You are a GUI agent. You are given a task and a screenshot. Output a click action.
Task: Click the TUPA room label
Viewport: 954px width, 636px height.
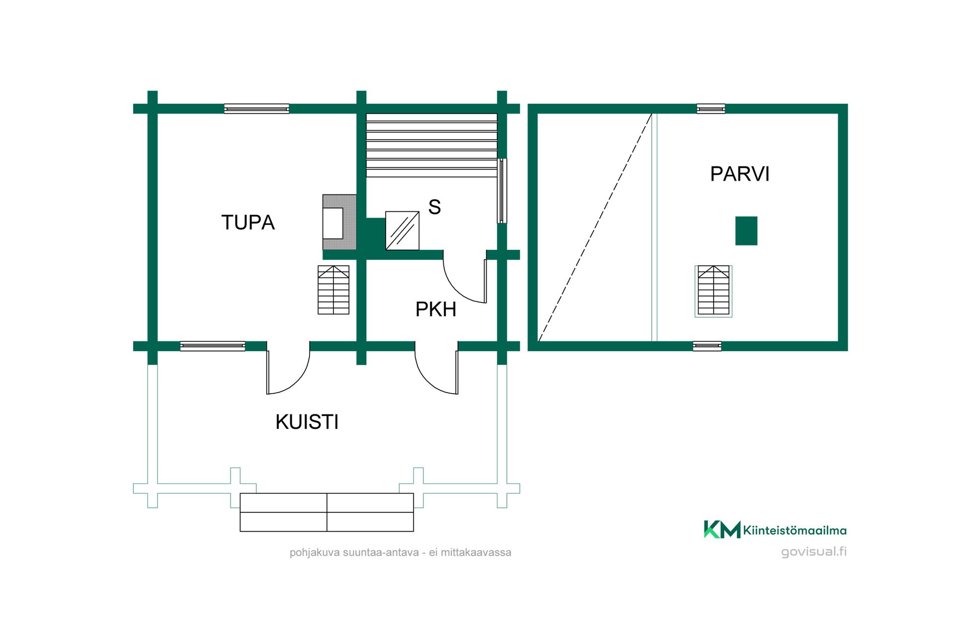click(x=248, y=223)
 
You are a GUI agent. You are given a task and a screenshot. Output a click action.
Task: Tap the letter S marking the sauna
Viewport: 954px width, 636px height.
click(x=434, y=207)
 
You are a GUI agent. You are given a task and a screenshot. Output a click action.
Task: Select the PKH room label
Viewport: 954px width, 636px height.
click(x=436, y=309)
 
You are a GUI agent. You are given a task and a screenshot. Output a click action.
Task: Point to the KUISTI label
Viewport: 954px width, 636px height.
click(x=307, y=422)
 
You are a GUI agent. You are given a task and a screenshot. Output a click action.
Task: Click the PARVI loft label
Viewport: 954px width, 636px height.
click(x=740, y=174)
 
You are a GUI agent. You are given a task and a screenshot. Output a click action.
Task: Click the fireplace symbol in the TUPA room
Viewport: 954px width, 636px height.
click(x=339, y=222)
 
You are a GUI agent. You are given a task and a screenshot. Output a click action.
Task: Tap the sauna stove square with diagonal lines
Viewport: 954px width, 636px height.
click(x=402, y=231)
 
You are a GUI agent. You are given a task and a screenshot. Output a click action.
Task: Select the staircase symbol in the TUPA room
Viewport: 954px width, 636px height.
click(x=333, y=290)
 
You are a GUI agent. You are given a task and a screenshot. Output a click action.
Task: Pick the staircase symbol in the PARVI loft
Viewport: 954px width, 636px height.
click(x=714, y=291)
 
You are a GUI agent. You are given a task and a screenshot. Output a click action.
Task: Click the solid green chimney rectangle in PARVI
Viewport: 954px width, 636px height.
click(x=746, y=231)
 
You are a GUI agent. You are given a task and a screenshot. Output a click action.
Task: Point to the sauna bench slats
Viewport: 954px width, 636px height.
click(x=432, y=145)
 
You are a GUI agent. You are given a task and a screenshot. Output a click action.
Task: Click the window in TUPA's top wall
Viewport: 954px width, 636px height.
click(x=256, y=109)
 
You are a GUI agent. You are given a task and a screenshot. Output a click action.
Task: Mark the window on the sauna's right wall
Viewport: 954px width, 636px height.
click(x=502, y=191)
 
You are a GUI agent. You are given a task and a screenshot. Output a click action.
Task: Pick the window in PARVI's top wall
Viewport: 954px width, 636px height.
click(x=711, y=109)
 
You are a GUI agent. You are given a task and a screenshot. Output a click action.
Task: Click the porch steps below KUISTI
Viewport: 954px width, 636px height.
click(x=327, y=512)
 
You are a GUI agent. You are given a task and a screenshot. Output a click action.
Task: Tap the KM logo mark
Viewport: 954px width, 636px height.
click(x=722, y=529)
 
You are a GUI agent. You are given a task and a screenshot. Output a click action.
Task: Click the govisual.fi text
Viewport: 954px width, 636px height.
click(x=814, y=552)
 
